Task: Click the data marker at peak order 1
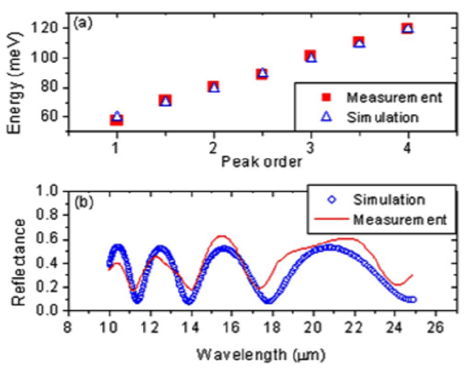[x=116, y=118]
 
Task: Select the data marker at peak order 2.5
[x=263, y=73]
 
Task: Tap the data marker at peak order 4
[x=408, y=28]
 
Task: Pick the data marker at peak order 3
[x=311, y=56]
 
